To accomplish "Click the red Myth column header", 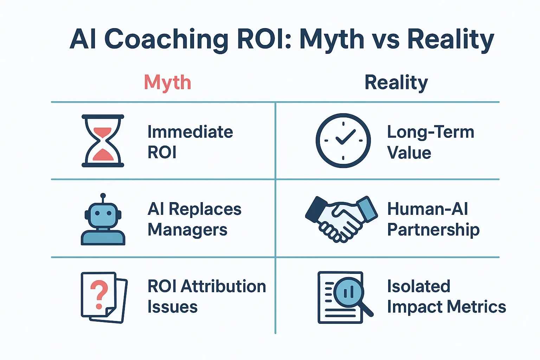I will (x=167, y=83).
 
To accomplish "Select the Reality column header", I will (x=396, y=83).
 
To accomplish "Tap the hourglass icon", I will (x=103, y=141).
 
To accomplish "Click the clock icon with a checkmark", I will (x=343, y=140).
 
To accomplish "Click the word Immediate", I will (x=190, y=132).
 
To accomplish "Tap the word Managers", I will (x=187, y=230).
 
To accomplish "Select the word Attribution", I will (x=223, y=287).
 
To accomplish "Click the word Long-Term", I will (x=431, y=132).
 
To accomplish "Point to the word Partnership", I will (x=433, y=230).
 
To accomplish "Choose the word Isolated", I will (x=418, y=287).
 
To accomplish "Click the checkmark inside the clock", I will (x=345, y=137).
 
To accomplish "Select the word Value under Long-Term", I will (x=409, y=153).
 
